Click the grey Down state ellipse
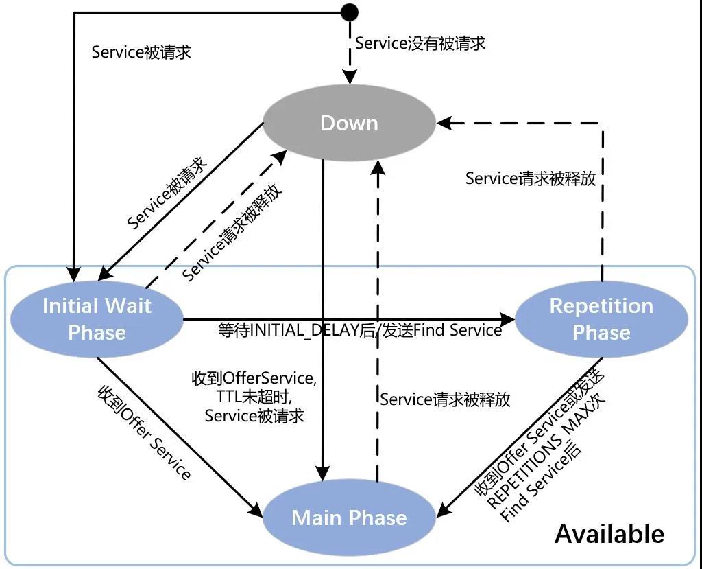[350, 124]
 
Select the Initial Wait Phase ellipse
[97, 319]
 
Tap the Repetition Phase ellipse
[601, 319]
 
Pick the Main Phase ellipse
[350, 518]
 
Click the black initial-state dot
[350, 12]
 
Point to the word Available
[609, 534]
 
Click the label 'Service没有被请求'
[420, 43]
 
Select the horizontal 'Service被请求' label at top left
[141, 52]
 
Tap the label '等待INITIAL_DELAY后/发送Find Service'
[360, 330]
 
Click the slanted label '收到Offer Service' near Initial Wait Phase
[145, 432]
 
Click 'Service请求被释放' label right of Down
[530, 178]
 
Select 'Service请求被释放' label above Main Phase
[445, 399]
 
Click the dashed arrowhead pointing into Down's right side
[444, 124]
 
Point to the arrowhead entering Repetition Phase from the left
[507, 319]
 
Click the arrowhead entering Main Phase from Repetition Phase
[444, 511]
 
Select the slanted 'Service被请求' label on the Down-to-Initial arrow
[167, 193]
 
